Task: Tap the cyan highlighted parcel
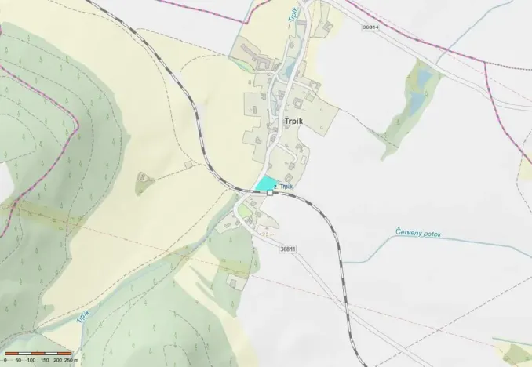point(265,183)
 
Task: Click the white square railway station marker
point(271,192)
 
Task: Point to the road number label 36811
point(287,249)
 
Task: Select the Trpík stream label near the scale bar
point(82,318)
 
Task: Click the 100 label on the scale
point(31,359)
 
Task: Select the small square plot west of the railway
point(188,165)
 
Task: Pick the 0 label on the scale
point(5,359)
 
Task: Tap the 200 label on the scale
point(57,359)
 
